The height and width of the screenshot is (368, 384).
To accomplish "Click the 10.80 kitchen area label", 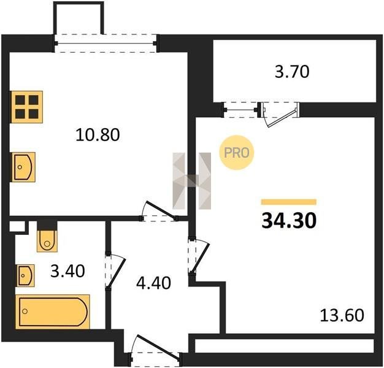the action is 98,135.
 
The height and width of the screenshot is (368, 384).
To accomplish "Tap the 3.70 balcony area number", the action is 292,72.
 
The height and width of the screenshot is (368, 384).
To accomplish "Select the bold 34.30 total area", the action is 289,221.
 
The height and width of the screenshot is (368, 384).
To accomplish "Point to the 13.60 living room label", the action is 342,315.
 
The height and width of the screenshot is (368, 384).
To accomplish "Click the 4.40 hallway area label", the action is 153,283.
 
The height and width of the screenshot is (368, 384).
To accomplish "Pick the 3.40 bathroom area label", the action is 67,272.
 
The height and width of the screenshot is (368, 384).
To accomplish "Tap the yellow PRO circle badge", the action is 237,153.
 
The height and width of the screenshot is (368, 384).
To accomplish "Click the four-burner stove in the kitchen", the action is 26,107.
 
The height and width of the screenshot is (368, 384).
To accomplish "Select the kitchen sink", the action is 23,167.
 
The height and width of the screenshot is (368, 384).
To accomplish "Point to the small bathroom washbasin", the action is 26,275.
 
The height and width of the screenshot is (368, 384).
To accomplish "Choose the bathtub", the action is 53,312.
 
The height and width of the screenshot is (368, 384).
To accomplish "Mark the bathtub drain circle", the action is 25,311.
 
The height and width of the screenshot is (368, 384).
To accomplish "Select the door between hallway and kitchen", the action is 159,210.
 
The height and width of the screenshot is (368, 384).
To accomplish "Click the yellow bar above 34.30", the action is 289,202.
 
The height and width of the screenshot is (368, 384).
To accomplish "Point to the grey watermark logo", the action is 192,181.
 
